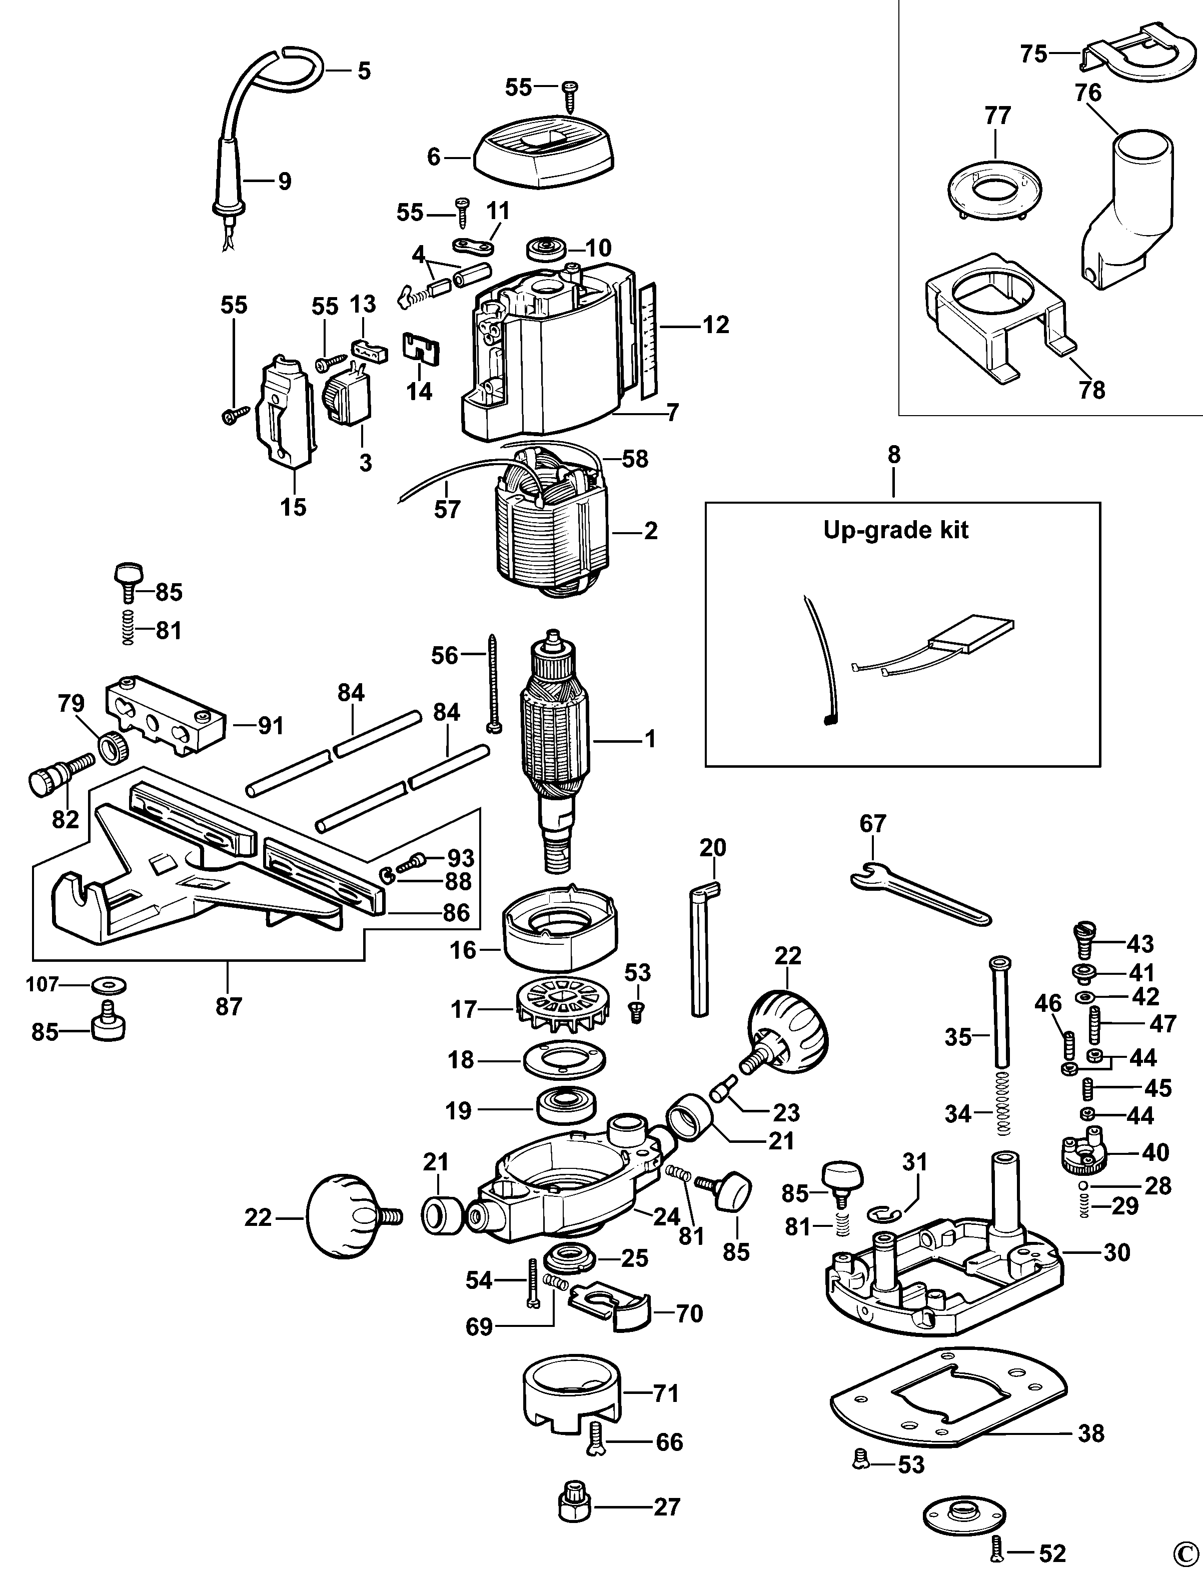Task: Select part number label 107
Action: pyautogui.click(x=42, y=985)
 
